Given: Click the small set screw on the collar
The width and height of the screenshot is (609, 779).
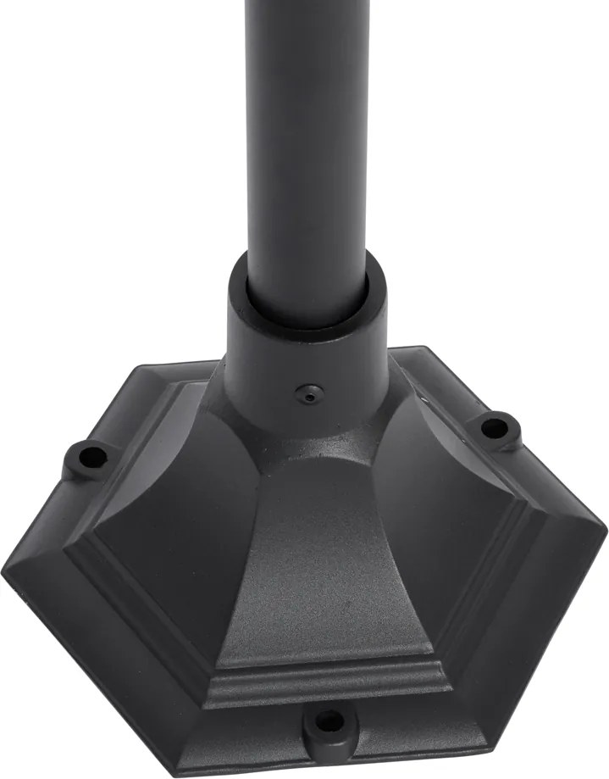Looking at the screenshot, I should coord(306,392).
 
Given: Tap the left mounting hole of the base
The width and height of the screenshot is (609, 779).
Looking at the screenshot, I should coord(88,459).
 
